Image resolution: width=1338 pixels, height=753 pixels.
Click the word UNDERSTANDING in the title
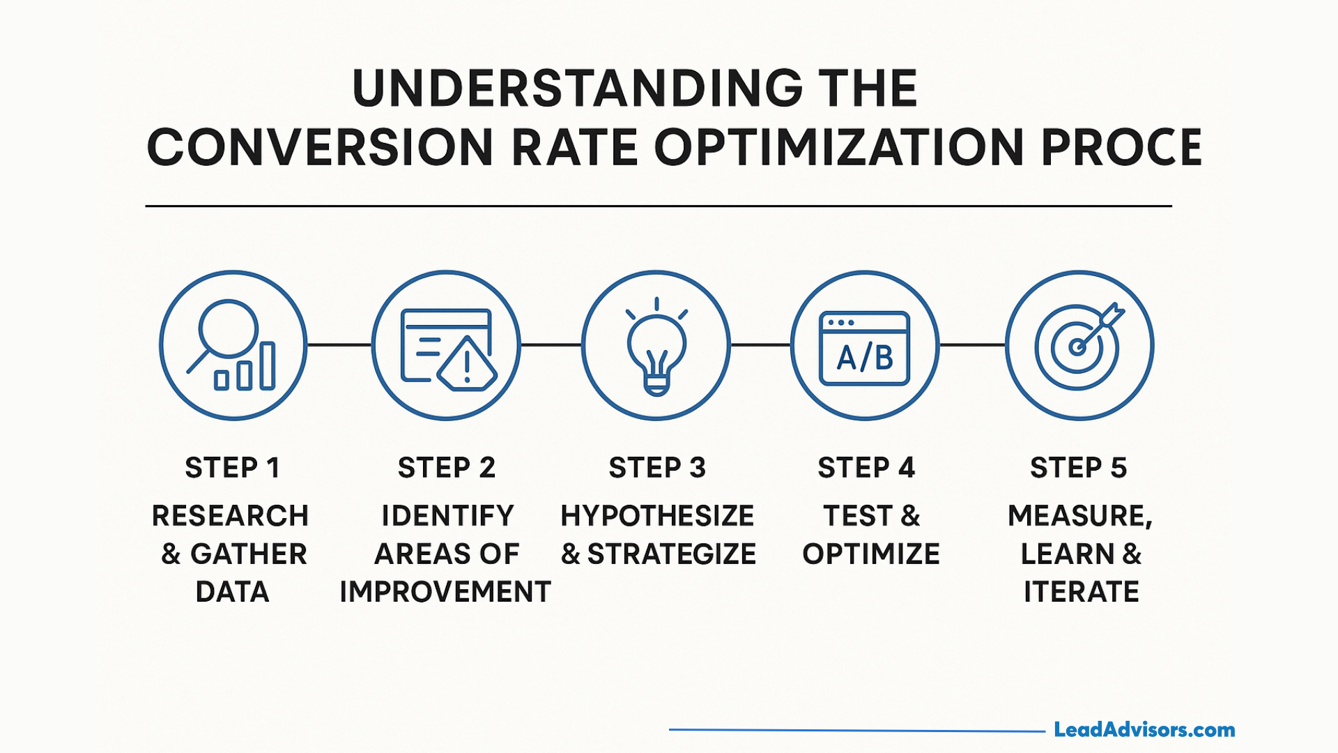pyautogui.click(x=578, y=89)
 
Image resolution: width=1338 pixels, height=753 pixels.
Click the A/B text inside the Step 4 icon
pyautogui.click(x=865, y=358)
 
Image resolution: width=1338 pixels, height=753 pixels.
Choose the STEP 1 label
pyautogui.click(x=232, y=468)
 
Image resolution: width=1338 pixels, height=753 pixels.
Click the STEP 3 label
pyautogui.click(x=657, y=468)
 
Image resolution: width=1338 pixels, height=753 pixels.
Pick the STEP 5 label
pyautogui.click(x=1078, y=468)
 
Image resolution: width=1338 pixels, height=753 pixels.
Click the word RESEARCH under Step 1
pyautogui.click(x=230, y=516)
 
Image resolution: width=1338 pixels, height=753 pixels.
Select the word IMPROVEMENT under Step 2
pyautogui.click(x=445, y=592)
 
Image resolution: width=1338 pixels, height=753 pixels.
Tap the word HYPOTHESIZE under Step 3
pyautogui.click(x=657, y=516)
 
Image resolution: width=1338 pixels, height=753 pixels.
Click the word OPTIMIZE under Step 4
pyautogui.click(x=871, y=554)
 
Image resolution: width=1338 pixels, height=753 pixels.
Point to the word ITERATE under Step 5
pyautogui.click(x=1081, y=592)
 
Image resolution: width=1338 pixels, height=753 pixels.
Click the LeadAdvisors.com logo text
pyautogui.click(x=1144, y=730)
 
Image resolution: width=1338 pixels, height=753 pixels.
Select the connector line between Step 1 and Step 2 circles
pyautogui.click(x=339, y=344)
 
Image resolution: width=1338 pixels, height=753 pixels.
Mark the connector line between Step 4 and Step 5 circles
pyautogui.click(x=972, y=344)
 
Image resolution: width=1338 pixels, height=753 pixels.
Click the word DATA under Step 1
pyautogui.click(x=232, y=592)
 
